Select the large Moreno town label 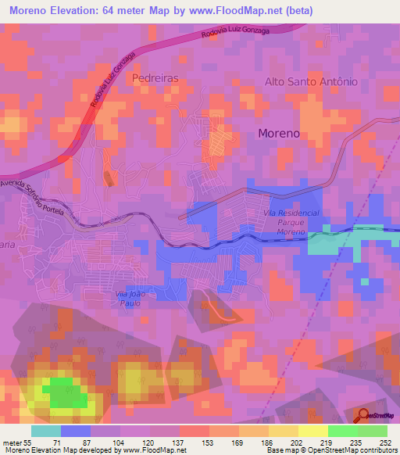pos(279,134)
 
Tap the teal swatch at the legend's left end pos(46,431)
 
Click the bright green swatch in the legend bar pos(342,431)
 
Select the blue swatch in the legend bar pos(76,431)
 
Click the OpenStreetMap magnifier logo pos(364,414)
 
